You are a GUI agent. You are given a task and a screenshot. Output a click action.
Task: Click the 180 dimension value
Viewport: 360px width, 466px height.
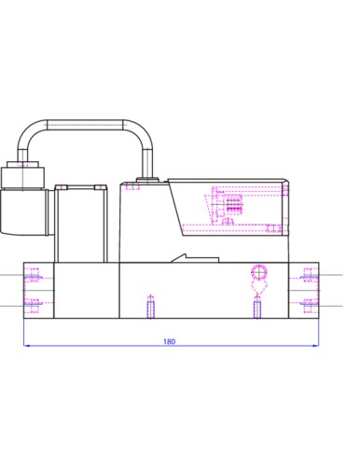(169, 341)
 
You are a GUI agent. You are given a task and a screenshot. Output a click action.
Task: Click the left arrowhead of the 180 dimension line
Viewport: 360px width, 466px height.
(26, 345)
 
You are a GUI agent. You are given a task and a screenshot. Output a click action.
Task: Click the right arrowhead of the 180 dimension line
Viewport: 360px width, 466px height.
(316, 345)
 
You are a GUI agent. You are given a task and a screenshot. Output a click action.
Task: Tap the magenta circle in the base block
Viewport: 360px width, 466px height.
(259, 272)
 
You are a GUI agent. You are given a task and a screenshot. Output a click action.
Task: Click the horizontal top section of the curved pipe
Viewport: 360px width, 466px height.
(85, 125)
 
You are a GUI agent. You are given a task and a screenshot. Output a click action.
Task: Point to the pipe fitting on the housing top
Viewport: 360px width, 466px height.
(148, 180)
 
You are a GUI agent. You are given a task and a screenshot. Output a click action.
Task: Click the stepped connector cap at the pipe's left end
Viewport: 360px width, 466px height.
(22, 175)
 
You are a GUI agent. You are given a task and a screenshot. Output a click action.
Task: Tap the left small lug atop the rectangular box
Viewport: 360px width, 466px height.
(61, 187)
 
